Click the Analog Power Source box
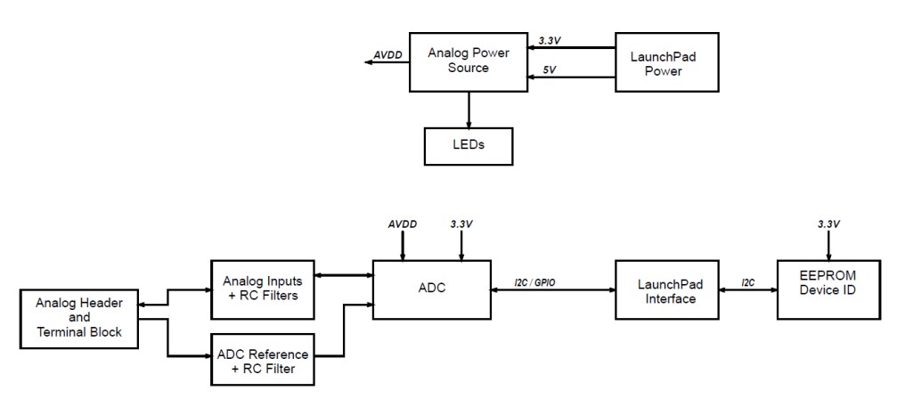(x=469, y=60)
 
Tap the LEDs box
(x=469, y=144)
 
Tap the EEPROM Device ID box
(x=828, y=289)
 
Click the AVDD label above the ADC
(x=403, y=224)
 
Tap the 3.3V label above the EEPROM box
(x=828, y=224)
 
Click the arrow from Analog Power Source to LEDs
(x=469, y=109)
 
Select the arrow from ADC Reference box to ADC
(x=344, y=331)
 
